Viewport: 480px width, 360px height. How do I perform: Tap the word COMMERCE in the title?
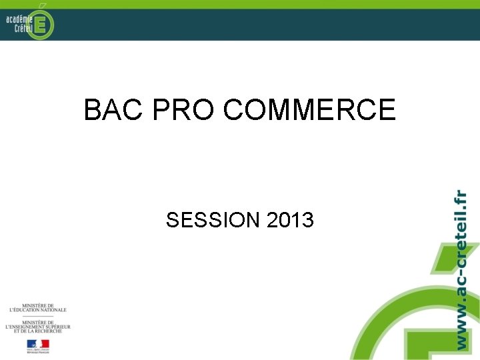(309, 110)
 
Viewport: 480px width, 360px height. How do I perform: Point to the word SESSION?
(213, 219)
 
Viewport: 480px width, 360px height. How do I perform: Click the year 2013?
(290, 219)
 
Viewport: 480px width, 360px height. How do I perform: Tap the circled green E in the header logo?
(41, 24)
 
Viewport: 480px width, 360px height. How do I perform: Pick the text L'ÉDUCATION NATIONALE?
(37, 310)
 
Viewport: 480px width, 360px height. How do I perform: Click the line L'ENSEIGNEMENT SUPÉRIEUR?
(37, 327)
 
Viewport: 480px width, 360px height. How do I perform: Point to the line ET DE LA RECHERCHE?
(37, 331)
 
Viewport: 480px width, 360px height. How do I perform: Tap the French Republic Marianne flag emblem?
(37, 345)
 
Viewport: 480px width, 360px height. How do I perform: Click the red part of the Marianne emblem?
(45, 344)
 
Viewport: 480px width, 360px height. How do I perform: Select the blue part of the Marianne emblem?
(30, 344)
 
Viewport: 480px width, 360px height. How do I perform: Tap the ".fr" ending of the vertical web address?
(459, 199)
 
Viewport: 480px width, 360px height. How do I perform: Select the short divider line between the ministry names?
(37, 316)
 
